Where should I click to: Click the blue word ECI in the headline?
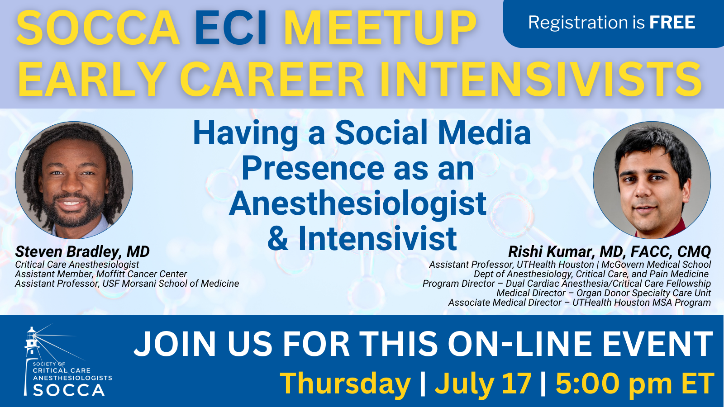click(231, 28)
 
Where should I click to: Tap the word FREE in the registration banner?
click(672, 22)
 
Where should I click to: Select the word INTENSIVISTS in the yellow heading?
click(541, 80)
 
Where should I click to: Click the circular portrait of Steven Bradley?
click(74, 180)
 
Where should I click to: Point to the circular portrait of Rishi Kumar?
click(652, 180)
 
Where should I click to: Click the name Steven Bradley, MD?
click(82, 251)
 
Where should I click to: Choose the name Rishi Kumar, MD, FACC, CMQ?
click(609, 251)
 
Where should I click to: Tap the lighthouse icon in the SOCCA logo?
click(32, 360)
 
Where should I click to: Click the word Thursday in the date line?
click(345, 384)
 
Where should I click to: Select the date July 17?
click(483, 383)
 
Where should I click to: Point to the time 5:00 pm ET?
click(634, 383)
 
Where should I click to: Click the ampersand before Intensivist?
click(278, 238)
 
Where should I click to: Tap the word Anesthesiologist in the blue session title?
click(357, 204)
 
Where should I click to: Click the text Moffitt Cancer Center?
click(142, 274)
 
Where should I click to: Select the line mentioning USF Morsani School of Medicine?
click(127, 283)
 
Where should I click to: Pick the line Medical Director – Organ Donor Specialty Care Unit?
click(604, 293)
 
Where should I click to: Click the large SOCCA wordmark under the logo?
click(68, 390)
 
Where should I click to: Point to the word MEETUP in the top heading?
click(380, 28)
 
